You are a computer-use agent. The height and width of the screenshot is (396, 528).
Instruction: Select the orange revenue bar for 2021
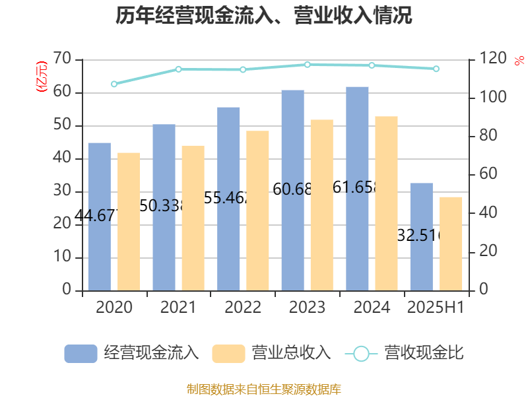[x=193, y=218]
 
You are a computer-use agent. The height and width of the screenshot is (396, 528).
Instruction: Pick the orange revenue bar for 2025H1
[x=451, y=244]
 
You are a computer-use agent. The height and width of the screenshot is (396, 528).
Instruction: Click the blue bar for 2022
[x=228, y=199]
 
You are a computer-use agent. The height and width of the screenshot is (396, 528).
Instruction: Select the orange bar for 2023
[x=322, y=205]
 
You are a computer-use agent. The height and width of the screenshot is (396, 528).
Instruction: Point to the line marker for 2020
[x=114, y=84]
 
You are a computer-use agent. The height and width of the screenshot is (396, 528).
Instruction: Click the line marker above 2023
[x=308, y=64]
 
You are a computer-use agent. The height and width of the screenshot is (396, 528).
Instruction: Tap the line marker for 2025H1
[x=436, y=69]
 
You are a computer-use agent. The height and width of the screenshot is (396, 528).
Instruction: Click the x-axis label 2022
[x=243, y=308]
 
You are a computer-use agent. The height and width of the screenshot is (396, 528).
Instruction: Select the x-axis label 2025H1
[x=436, y=308]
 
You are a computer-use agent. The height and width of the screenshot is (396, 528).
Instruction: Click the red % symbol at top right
[x=519, y=61]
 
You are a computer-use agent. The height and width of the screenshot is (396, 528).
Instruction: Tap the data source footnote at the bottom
[x=264, y=389]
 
